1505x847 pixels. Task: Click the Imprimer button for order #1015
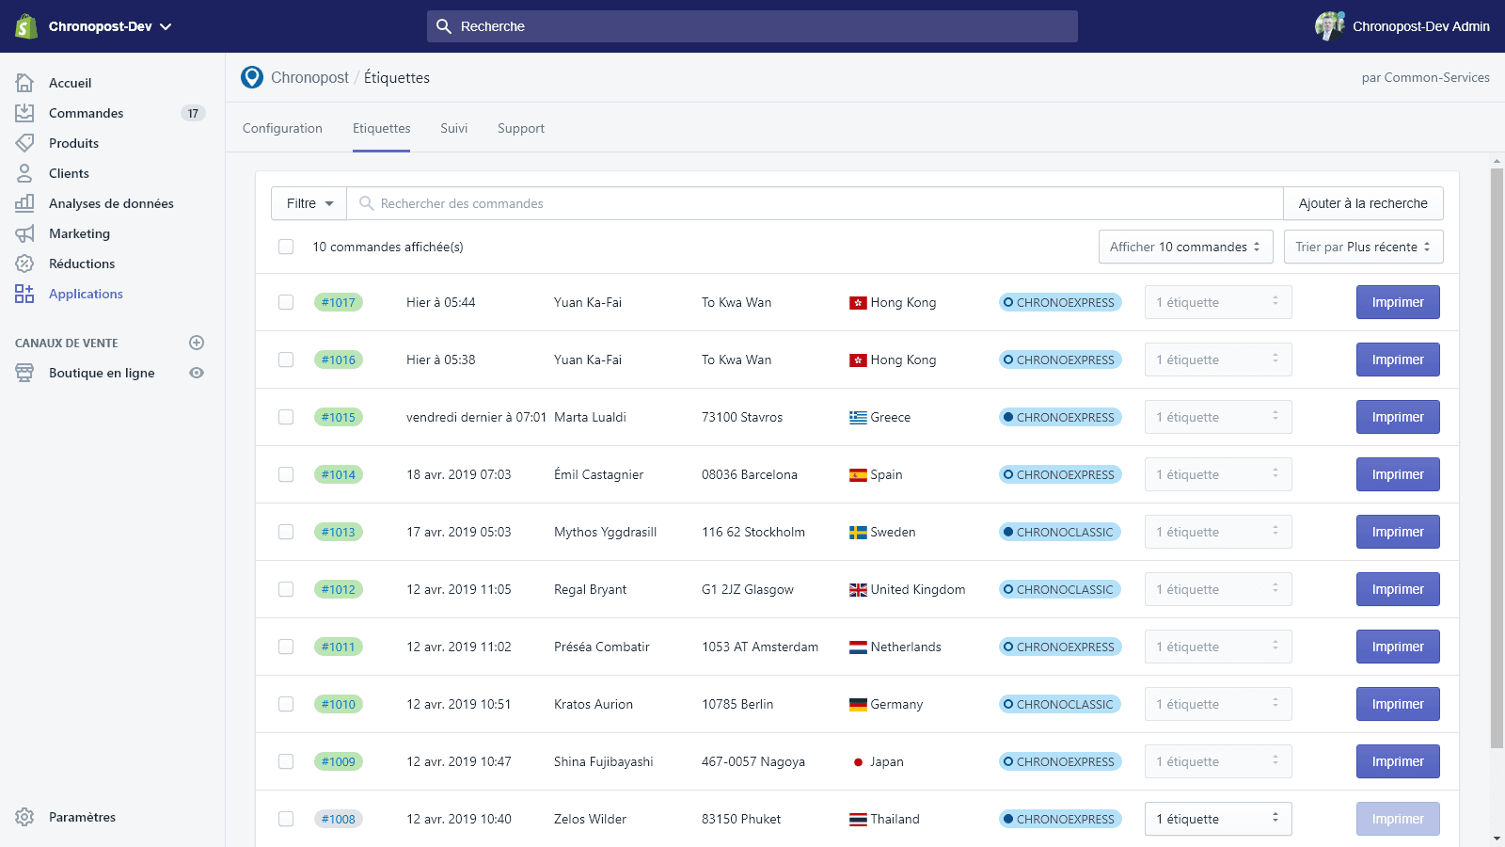1397,417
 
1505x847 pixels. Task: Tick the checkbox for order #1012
286,589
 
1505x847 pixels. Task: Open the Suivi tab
453,128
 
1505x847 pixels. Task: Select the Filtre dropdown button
309,203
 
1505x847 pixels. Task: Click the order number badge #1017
339,302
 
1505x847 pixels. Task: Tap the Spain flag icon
858,475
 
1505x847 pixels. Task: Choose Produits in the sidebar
73,143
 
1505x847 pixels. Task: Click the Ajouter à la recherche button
1363,203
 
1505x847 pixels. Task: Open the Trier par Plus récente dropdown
1363,247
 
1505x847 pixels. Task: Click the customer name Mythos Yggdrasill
605,532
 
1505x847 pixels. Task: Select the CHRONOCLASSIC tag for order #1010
1059,704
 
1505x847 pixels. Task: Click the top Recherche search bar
752,26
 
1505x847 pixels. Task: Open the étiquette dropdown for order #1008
1217,819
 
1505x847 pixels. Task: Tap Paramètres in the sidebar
82,817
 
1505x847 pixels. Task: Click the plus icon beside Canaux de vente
197,343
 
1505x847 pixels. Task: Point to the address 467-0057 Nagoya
752,761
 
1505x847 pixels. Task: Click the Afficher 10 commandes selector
1185,247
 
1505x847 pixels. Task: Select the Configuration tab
282,128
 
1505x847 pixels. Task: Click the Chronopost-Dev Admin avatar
1329,26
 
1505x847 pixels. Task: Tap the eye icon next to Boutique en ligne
197,373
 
